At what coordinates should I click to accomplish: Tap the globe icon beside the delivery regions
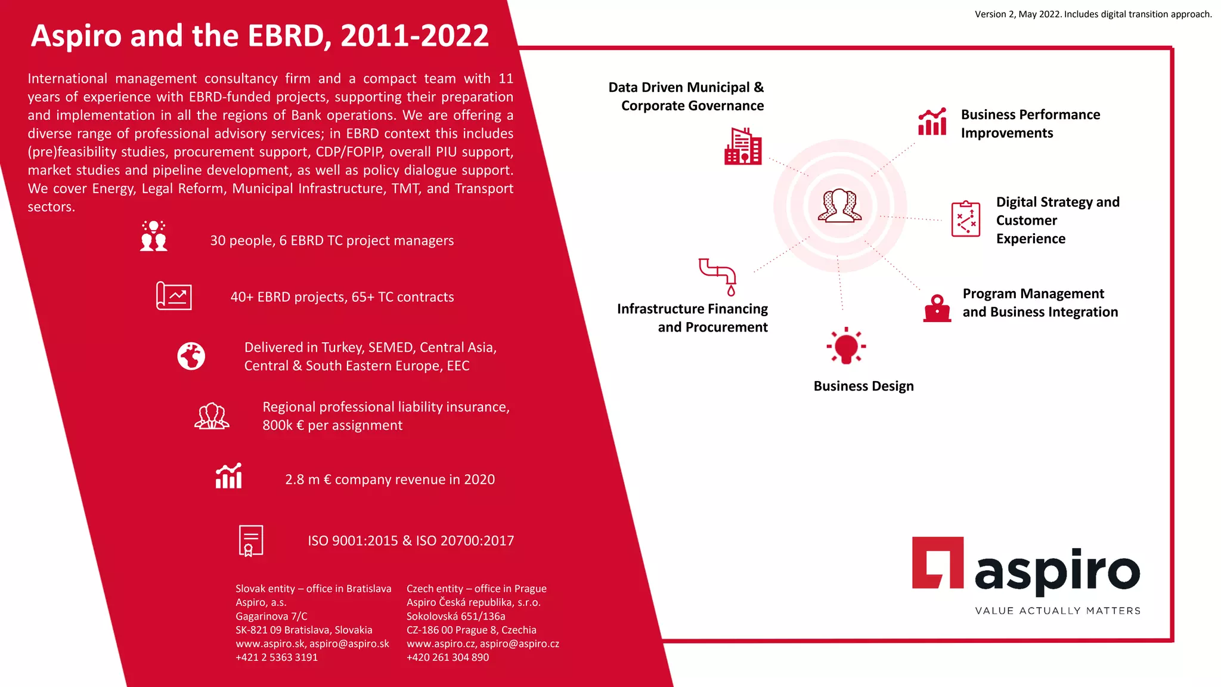(191, 356)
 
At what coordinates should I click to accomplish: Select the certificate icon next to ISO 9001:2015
(250, 540)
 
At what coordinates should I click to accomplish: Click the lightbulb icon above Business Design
(846, 346)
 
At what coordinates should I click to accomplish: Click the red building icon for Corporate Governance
(743, 146)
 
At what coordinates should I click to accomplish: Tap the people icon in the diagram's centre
(839, 206)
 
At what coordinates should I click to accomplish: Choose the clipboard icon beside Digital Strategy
(966, 219)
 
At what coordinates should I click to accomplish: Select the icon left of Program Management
(937, 308)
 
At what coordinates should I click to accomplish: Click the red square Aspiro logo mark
(937, 562)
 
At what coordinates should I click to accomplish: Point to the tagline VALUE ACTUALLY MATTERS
(1058, 611)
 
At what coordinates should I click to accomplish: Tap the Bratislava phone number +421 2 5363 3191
(277, 657)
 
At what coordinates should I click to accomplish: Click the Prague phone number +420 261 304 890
(448, 657)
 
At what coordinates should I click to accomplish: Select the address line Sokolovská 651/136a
(455, 616)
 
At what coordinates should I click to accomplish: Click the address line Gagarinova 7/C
(271, 616)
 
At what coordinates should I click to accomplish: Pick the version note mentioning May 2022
(1093, 14)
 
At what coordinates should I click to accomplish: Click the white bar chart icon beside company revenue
(229, 476)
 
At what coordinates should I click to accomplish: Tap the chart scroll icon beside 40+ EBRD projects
(173, 296)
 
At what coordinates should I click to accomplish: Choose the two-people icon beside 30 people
(154, 236)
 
